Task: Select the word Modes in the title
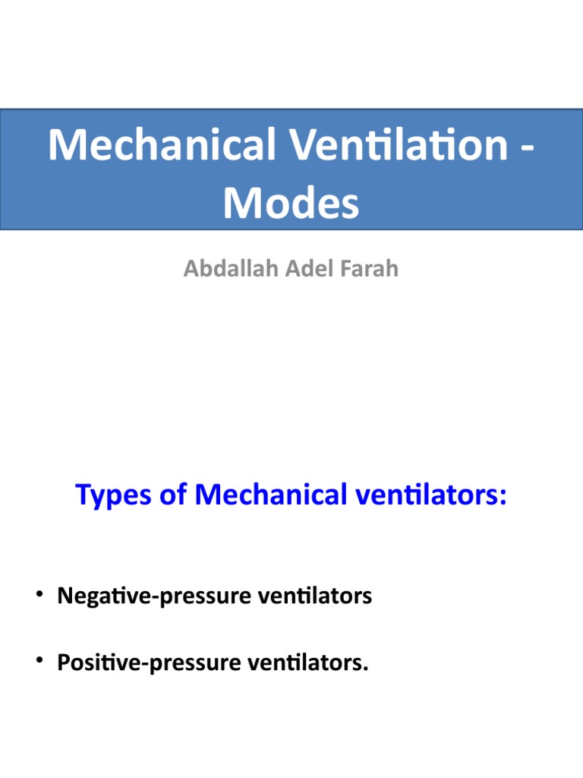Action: coord(291,203)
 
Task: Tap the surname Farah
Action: coord(368,269)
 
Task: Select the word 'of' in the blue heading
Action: coord(171,496)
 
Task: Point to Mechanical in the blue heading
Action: coord(268,496)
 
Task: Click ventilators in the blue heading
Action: coord(423,496)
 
